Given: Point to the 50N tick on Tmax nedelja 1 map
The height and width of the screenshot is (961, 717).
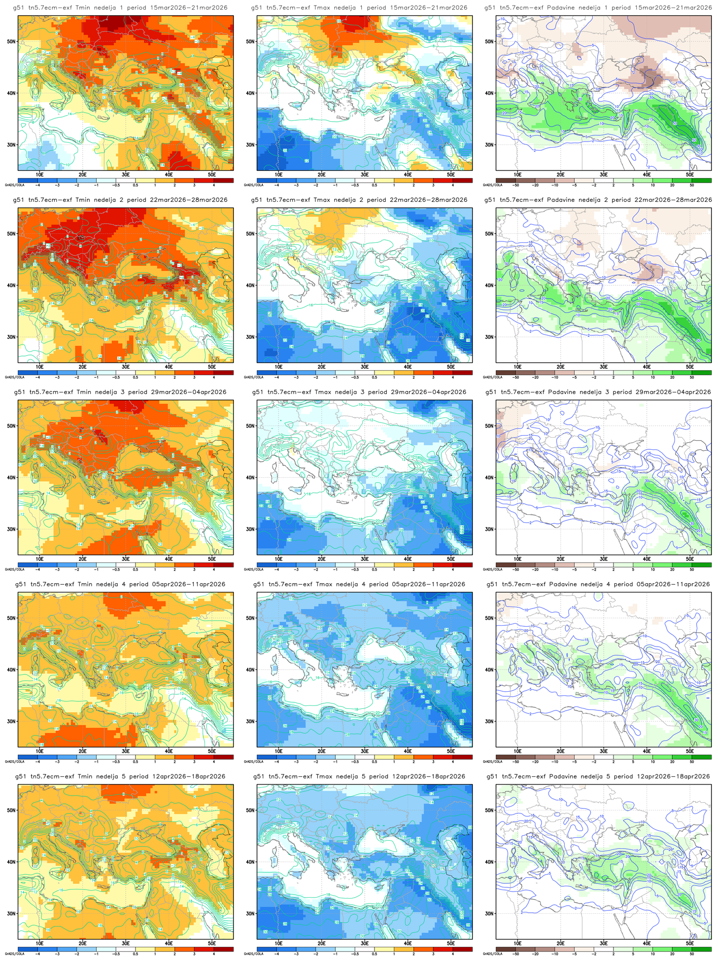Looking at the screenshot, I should [250, 42].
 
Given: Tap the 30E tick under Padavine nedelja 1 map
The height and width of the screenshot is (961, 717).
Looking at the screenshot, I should [604, 174].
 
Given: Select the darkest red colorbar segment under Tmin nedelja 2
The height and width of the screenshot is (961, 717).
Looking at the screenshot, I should [223, 372].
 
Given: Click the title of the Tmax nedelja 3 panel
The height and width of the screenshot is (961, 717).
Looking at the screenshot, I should [359, 392].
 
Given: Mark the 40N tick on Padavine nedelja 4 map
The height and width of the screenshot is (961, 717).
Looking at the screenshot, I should [489, 669].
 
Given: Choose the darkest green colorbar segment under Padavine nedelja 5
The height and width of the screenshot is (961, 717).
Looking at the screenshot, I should [701, 948].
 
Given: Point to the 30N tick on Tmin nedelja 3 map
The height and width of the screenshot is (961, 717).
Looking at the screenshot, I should [11, 529].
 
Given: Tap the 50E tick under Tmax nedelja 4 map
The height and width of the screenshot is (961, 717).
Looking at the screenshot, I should [451, 751].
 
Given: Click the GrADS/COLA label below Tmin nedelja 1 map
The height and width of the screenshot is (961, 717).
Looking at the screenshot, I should [11, 186].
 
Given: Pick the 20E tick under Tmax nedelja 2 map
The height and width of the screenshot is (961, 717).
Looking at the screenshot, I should [322, 367].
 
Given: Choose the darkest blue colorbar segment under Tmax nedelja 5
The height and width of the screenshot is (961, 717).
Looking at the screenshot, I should [266, 948].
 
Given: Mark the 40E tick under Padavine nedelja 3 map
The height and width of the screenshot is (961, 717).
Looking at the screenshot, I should [647, 559].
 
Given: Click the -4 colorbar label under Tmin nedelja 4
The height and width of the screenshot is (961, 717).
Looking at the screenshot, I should [38, 762].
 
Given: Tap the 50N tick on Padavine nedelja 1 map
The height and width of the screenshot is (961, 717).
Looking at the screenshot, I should [489, 42].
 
